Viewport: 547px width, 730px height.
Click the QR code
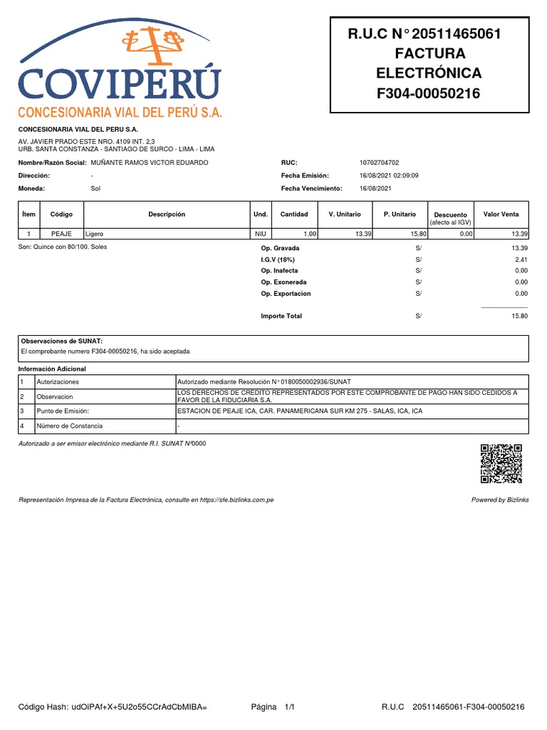501,463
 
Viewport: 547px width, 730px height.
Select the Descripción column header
167,215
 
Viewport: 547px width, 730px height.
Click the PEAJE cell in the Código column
63,234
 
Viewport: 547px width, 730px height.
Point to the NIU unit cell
260,234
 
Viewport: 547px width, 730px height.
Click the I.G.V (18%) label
277,259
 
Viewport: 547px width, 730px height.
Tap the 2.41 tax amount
521,259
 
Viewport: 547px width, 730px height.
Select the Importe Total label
281,316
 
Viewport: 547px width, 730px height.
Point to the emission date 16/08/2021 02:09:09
390,175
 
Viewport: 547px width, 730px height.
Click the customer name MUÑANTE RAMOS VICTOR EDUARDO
150,163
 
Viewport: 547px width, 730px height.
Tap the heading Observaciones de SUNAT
62,341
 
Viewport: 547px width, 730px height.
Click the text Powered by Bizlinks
500,500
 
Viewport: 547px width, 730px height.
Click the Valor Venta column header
501,215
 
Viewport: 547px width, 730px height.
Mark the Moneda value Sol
96,188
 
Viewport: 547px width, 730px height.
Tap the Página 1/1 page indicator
273,707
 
